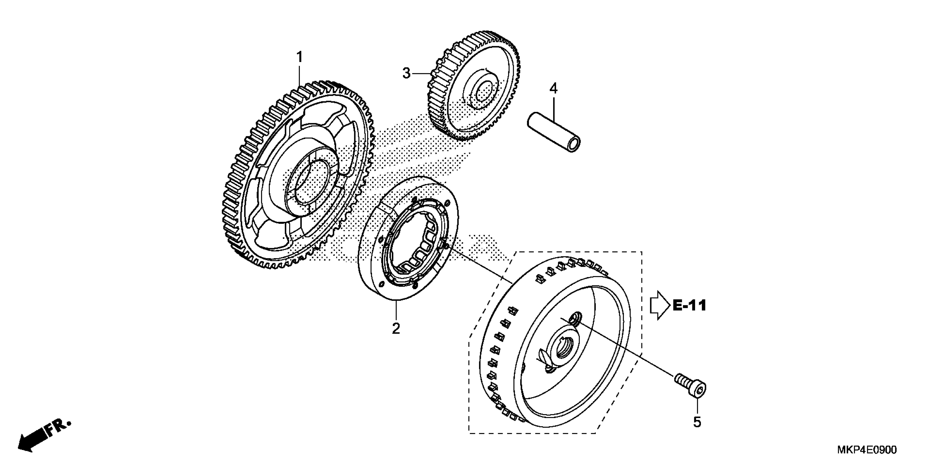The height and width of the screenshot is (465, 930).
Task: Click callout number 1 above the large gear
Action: (299, 57)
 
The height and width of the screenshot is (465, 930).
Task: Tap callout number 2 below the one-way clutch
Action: (396, 329)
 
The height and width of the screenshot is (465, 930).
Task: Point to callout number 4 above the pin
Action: (553, 88)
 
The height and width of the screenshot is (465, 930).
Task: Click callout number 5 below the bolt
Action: (697, 422)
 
